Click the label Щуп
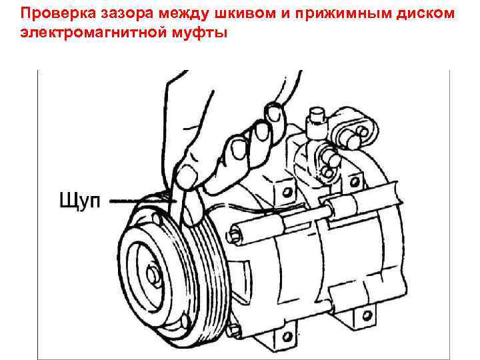(79, 200)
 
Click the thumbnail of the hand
(191, 175)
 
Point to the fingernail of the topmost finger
(272, 109)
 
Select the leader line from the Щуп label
(137, 199)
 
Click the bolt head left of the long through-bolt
(234, 233)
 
